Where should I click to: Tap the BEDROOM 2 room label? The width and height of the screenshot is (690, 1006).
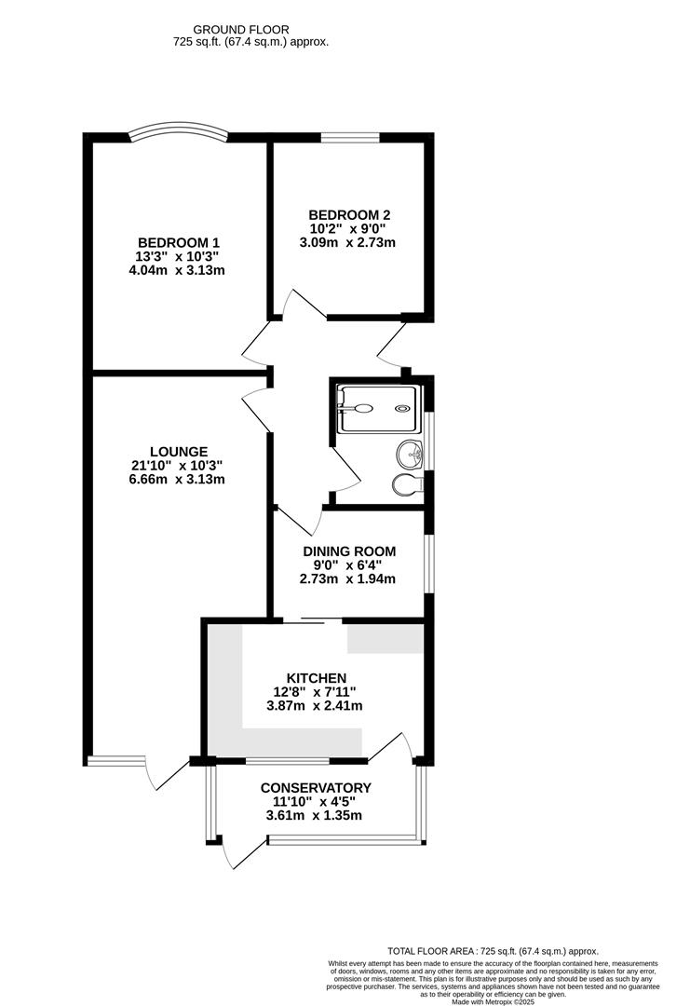(351, 213)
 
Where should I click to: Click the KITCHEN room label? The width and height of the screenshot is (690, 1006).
(317, 677)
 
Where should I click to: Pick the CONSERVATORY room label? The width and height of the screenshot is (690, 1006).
(315, 787)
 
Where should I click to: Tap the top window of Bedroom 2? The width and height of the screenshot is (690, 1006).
(350, 138)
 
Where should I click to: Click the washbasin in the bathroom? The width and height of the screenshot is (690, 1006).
(410, 455)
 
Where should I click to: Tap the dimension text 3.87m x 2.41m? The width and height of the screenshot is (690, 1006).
(317, 705)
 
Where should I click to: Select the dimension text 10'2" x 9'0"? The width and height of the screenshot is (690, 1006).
(351, 227)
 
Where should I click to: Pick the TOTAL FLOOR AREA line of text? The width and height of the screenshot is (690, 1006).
(493, 951)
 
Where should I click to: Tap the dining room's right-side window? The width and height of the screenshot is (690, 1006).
(429, 563)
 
